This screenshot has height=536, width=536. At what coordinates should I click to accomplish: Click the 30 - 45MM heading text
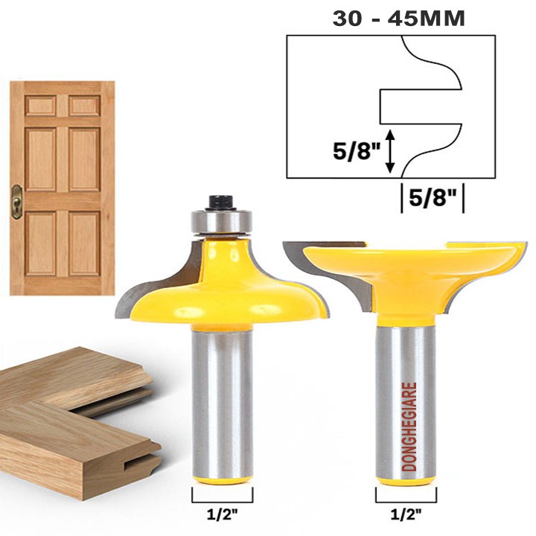398,19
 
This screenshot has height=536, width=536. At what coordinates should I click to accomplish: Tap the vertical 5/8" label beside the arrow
357,150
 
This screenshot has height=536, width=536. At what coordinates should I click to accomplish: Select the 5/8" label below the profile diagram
433,197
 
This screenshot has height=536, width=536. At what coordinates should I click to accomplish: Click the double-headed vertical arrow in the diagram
390,151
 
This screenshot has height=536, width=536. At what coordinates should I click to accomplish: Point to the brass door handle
16,202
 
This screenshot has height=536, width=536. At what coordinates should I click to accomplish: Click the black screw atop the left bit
221,202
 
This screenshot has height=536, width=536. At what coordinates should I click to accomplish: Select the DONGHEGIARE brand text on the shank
409,427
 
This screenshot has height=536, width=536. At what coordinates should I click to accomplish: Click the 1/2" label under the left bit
222,514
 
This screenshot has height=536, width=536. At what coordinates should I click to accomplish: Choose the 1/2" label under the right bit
406,514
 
